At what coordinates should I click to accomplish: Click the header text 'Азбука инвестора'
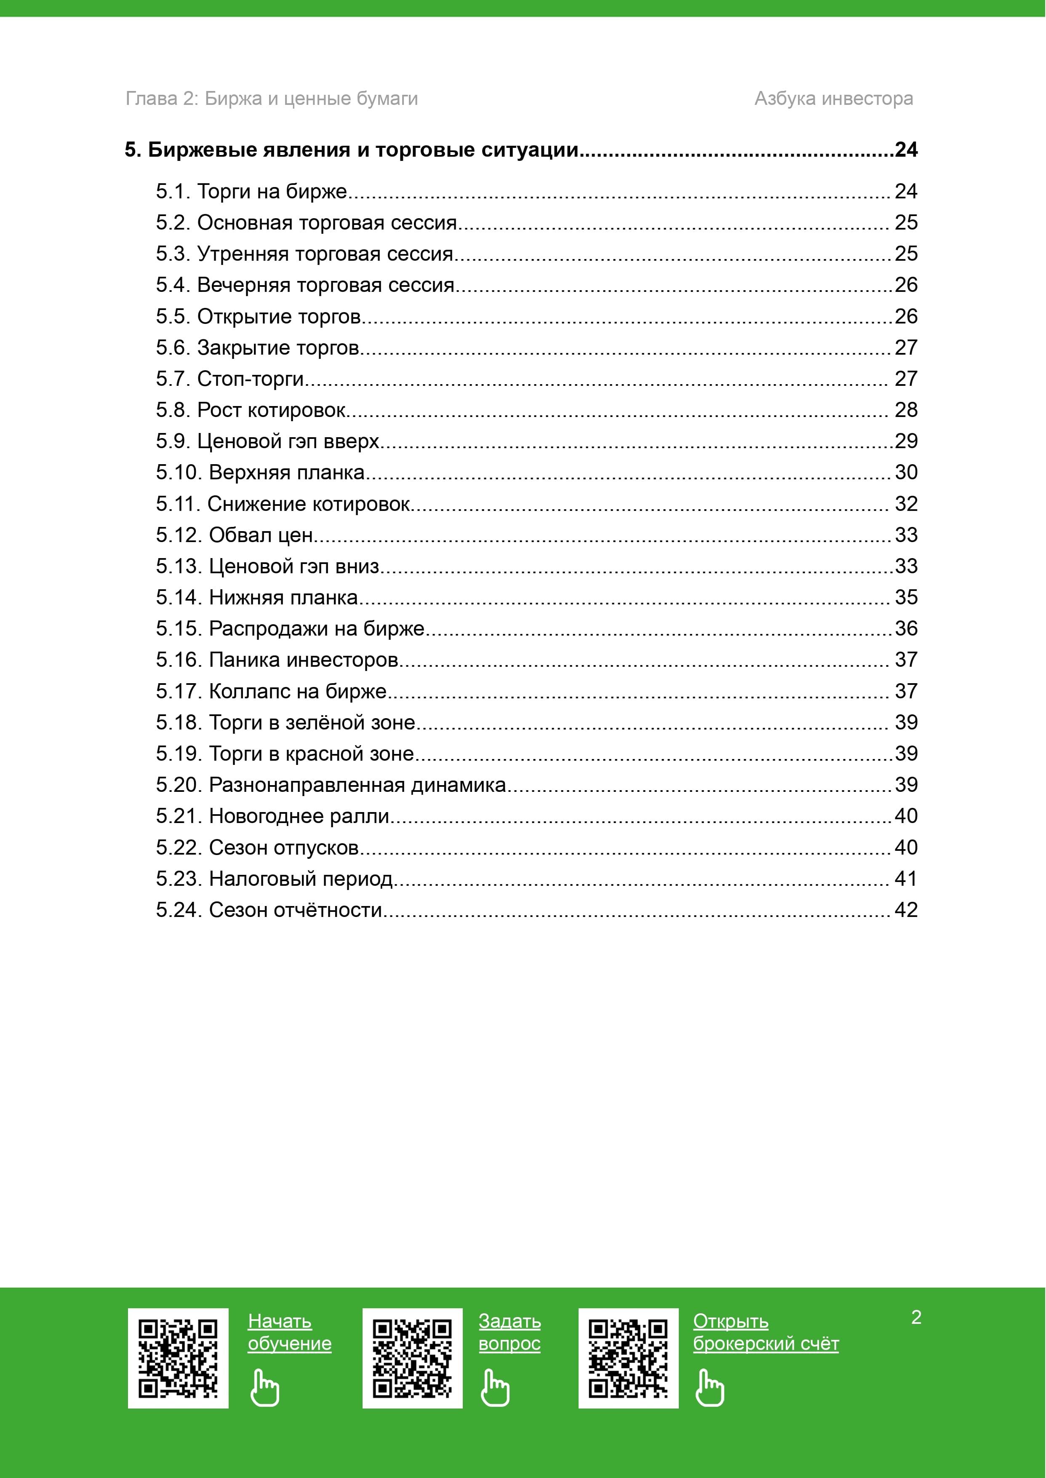(x=833, y=99)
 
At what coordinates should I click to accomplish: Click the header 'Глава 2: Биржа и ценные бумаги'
(x=271, y=99)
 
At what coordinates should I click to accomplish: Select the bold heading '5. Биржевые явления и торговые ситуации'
(x=352, y=150)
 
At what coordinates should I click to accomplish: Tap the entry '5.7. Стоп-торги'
(x=229, y=379)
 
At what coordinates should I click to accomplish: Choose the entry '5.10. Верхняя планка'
(x=260, y=472)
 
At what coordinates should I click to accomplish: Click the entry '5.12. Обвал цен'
(x=235, y=535)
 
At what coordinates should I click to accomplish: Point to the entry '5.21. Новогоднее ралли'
(x=272, y=816)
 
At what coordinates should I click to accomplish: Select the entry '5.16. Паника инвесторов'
(x=277, y=660)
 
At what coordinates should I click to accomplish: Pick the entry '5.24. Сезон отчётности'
(x=269, y=910)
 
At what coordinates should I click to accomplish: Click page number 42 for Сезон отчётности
(x=906, y=910)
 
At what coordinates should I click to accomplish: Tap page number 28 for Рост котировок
(x=906, y=410)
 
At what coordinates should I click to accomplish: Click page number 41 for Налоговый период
(x=906, y=879)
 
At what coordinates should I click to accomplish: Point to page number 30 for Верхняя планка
(x=906, y=472)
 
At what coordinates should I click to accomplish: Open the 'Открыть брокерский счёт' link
(x=765, y=1332)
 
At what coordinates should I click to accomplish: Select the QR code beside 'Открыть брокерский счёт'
(x=628, y=1358)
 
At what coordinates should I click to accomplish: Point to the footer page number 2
(x=916, y=1318)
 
